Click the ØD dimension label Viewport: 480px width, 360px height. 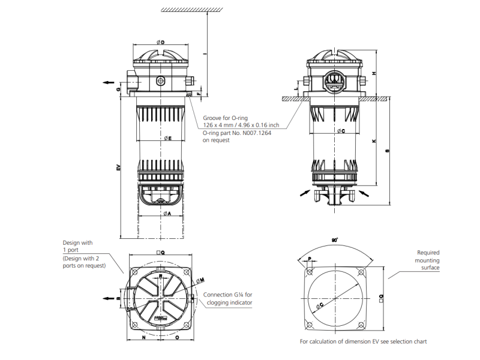click(x=160, y=41)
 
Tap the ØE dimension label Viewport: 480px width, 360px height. click(x=167, y=139)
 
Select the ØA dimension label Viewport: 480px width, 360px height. click(x=167, y=213)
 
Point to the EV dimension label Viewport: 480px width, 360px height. click(x=118, y=169)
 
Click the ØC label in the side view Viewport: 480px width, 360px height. click(x=340, y=131)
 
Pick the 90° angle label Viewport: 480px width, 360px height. click(x=335, y=240)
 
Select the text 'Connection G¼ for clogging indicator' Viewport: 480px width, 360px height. click(x=227, y=299)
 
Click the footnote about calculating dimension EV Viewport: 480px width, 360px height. click(x=364, y=341)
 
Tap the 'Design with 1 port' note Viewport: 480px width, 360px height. click(x=77, y=246)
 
